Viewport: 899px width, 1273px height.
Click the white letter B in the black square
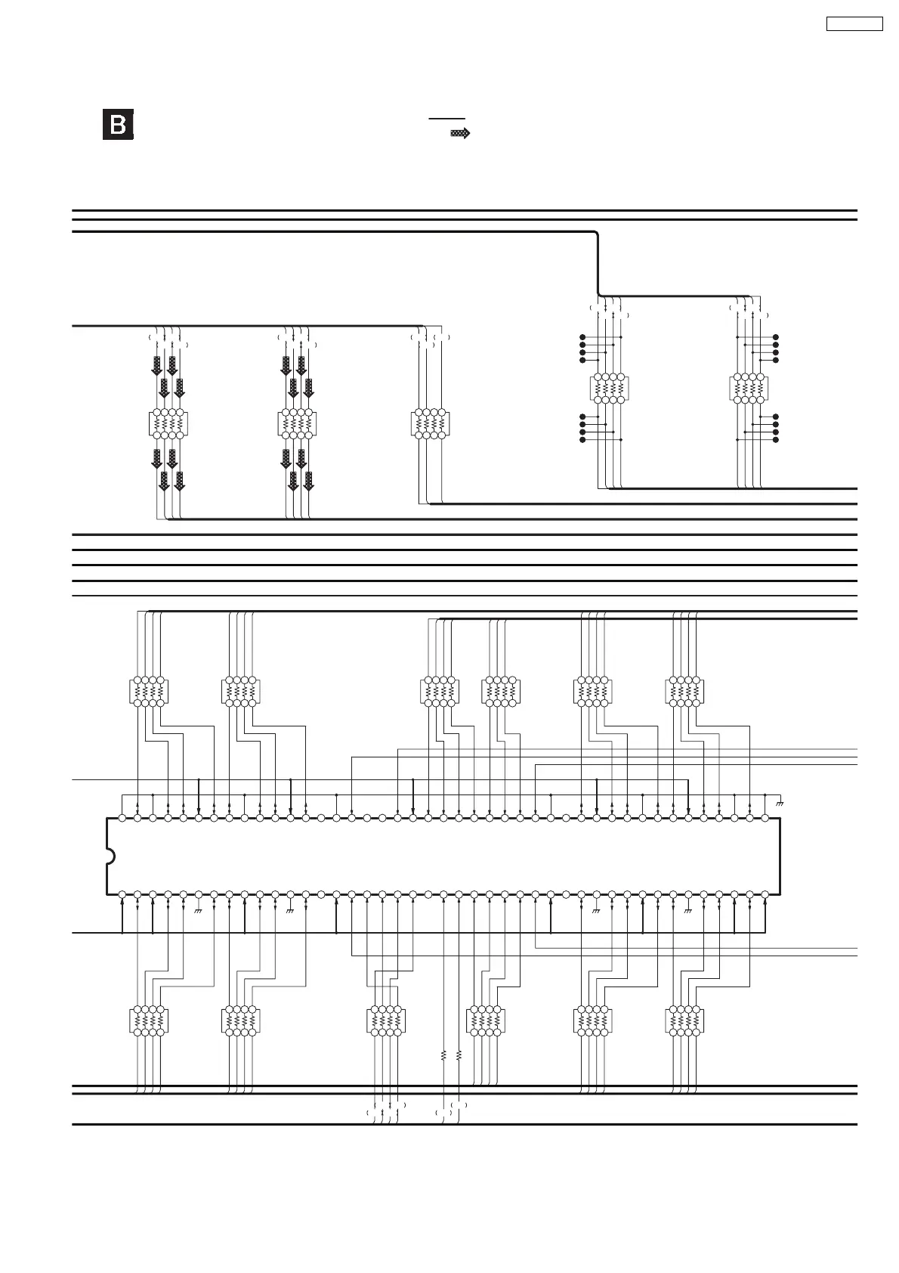click(118, 125)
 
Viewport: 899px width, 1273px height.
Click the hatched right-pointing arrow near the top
click(460, 133)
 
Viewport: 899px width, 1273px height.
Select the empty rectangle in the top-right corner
click(854, 23)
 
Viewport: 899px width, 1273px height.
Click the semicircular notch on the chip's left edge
click(110, 856)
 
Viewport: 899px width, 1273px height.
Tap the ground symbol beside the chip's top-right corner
click(780, 803)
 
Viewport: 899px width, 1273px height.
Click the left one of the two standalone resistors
click(443, 1055)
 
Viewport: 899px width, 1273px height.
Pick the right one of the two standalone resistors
click(459, 1055)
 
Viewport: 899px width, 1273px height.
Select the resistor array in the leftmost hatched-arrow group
click(168, 424)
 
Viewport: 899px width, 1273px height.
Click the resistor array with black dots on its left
click(609, 389)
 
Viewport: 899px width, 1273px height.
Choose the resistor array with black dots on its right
click(749, 389)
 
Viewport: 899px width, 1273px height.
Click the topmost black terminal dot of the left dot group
click(582, 336)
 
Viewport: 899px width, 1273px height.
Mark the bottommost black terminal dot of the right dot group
click(776, 439)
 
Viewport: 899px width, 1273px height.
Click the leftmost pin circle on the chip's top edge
click(122, 818)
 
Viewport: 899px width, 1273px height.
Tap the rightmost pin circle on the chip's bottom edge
click(765, 894)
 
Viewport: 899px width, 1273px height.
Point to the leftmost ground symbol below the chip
click(199, 911)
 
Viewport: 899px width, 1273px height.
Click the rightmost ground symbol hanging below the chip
click(688, 911)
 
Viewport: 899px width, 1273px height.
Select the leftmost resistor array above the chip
click(149, 692)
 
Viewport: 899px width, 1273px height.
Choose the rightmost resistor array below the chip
click(684, 1021)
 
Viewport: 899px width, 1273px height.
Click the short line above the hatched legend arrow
click(447, 119)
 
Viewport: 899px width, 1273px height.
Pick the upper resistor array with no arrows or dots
click(430, 424)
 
